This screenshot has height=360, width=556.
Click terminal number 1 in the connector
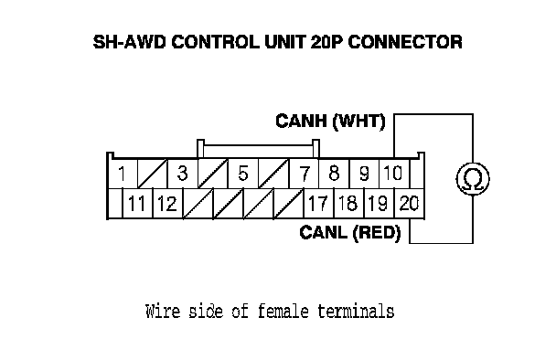click(122, 174)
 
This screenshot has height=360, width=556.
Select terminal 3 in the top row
click(182, 174)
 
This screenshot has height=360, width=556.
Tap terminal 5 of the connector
click(243, 174)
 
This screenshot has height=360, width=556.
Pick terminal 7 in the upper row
click(304, 174)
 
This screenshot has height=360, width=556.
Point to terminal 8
click(334, 174)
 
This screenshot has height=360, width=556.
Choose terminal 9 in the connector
click(364, 174)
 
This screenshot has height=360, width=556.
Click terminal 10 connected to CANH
click(393, 174)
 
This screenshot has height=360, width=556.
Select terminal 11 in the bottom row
click(137, 204)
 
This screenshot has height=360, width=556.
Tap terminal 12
click(167, 204)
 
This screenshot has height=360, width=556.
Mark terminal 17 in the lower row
click(318, 204)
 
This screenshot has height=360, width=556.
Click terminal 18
click(348, 204)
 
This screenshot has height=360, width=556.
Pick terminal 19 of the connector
click(379, 204)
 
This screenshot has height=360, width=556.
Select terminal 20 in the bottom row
click(409, 204)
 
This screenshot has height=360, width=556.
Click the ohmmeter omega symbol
click(473, 179)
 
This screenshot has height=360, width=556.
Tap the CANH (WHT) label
click(330, 122)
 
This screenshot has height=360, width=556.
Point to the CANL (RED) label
click(350, 233)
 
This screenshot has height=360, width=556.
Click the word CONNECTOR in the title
click(405, 42)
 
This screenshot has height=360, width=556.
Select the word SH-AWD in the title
click(130, 42)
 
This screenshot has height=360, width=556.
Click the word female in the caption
click(283, 312)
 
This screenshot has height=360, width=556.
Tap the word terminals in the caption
click(356, 312)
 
